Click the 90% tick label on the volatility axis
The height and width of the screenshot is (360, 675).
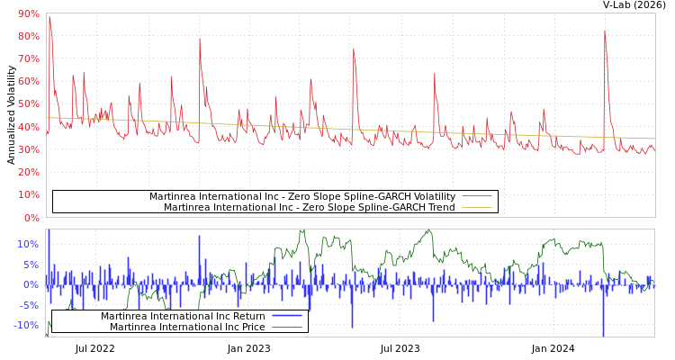28,13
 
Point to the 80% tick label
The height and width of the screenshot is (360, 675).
28,36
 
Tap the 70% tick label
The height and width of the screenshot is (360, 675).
28,58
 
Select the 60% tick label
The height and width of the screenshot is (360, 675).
28,81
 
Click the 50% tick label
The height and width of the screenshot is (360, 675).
28,104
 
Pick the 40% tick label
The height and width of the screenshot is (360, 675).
28,127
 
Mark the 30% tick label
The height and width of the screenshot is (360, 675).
28,149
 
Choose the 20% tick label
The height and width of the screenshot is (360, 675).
28,172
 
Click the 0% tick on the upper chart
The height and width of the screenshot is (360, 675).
31,218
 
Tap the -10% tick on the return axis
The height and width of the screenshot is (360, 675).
26,325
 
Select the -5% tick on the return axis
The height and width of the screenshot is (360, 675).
28,305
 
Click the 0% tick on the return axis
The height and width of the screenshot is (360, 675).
31,284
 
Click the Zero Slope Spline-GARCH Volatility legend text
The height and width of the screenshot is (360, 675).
302,196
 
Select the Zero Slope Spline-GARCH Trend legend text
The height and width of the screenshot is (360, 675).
310,207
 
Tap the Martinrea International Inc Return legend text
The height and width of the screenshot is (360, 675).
183,316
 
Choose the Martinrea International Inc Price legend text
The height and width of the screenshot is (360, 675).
187,327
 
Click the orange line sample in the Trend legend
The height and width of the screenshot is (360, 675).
477,208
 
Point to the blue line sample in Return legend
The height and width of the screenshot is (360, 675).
287,317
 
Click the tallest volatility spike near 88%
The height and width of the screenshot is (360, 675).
49,18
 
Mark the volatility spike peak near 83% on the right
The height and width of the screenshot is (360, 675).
605,31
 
